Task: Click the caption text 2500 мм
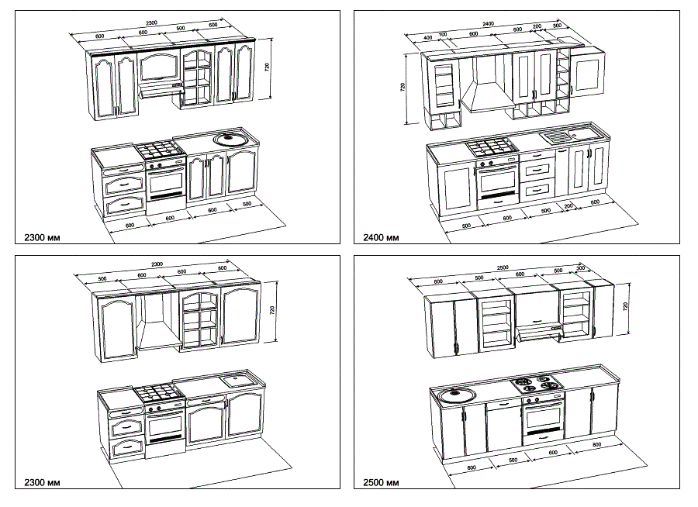pyautogui.click(x=381, y=483)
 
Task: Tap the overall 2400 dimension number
pyautogui.click(x=489, y=24)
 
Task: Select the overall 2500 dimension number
pyautogui.click(x=503, y=268)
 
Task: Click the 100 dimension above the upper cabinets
pyautogui.click(x=443, y=33)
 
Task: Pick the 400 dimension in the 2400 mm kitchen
pyautogui.click(x=428, y=38)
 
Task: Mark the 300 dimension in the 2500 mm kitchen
pyautogui.click(x=581, y=267)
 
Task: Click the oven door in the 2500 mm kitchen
pyautogui.click(x=543, y=420)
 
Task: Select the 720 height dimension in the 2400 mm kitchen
pyautogui.click(x=403, y=87)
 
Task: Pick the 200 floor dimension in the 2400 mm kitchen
pyautogui.click(x=568, y=205)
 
